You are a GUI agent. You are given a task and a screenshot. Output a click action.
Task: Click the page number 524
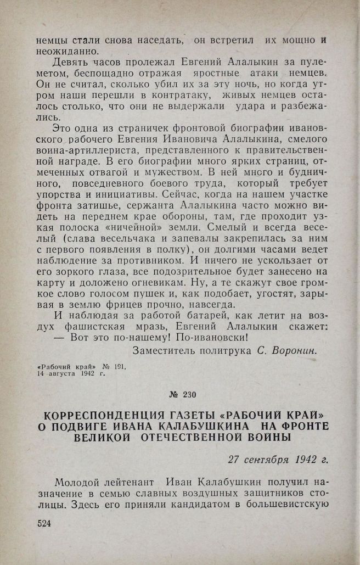43,524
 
